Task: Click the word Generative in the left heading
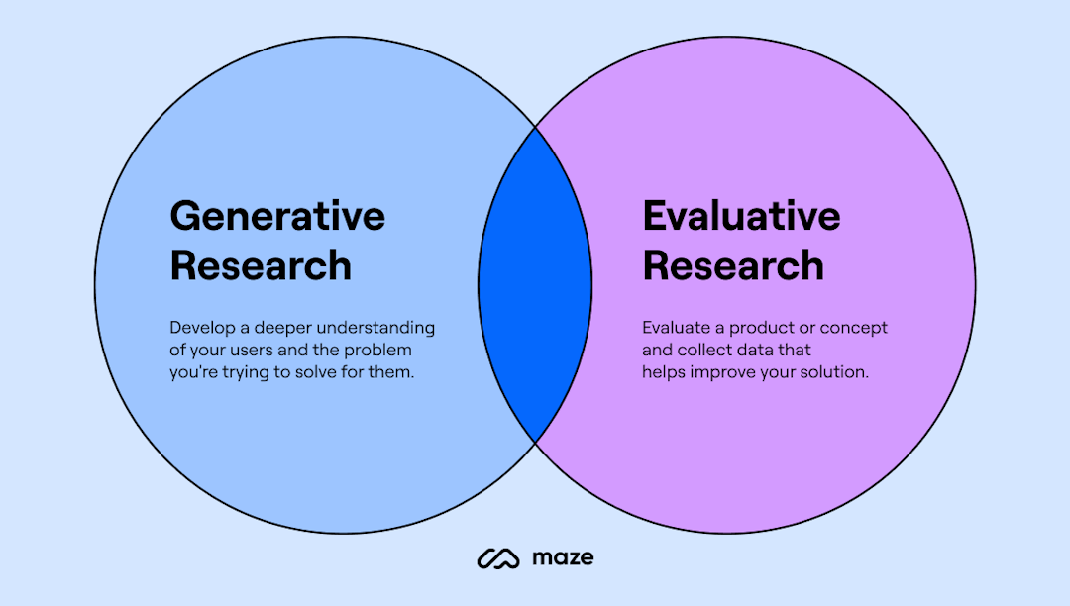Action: (x=277, y=217)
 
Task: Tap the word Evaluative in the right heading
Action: (x=741, y=217)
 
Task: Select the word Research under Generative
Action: (x=261, y=266)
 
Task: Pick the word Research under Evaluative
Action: (x=733, y=266)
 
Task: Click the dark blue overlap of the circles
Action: (x=535, y=285)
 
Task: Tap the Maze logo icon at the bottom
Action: (x=498, y=558)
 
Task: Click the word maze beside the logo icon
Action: (x=563, y=557)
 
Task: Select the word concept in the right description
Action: (x=853, y=328)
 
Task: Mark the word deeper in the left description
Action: (x=274, y=328)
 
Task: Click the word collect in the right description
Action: (x=704, y=351)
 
